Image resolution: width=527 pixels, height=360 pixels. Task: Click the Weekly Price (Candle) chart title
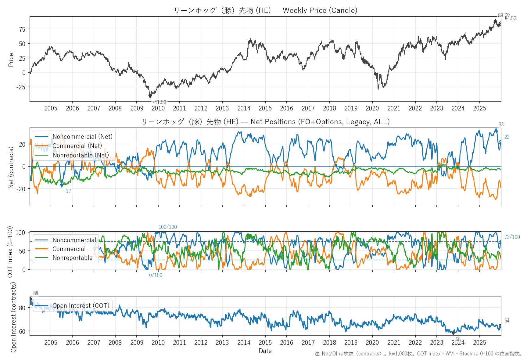point(265,10)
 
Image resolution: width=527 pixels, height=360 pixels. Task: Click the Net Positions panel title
point(265,122)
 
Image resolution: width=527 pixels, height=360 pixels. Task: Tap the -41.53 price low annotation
point(159,102)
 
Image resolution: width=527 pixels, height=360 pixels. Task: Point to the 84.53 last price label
point(511,18)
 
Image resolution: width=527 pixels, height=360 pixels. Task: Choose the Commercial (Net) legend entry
point(77,146)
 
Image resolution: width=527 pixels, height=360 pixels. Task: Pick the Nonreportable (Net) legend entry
point(81,155)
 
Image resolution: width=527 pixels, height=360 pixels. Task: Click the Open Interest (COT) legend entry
point(81,306)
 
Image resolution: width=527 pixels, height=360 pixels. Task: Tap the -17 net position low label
point(67,191)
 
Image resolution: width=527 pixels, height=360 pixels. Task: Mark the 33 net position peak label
point(501,124)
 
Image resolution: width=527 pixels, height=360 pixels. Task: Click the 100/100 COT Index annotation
point(167,227)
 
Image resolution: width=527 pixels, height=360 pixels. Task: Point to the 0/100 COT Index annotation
point(156,275)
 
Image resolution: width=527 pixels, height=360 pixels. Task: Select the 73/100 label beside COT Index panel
point(512,237)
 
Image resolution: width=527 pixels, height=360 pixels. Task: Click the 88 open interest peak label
point(36,293)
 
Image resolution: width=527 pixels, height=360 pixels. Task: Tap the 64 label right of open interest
point(507,321)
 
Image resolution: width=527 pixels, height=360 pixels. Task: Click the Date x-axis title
point(265,351)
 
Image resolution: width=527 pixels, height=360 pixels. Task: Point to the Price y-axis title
point(11,60)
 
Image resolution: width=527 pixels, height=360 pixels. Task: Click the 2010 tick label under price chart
point(158,108)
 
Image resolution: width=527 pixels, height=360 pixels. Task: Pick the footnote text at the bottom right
point(418,354)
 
